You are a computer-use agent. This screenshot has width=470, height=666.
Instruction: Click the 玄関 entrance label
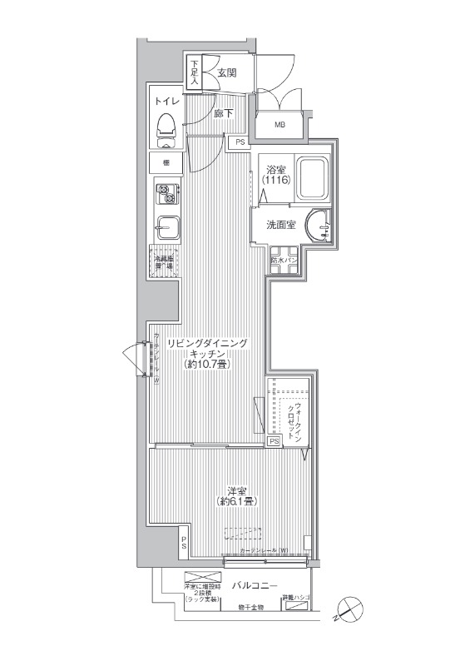(x=227, y=73)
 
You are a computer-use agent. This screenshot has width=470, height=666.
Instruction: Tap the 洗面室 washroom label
(x=280, y=225)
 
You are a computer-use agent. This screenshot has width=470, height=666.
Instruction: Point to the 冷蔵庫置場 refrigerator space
(x=164, y=263)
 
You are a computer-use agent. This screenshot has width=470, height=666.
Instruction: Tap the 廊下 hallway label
(x=223, y=113)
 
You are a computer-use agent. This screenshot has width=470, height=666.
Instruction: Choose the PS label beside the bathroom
(x=240, y=142)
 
